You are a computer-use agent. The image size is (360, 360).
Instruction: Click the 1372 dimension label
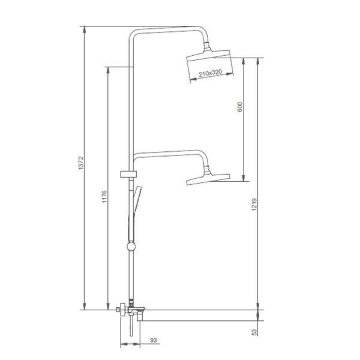[82, 163]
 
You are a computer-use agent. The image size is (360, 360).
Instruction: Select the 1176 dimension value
[104, 197]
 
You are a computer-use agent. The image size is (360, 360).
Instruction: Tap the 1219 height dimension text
[254, 205]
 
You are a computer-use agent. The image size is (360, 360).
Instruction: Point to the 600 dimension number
[239, 107]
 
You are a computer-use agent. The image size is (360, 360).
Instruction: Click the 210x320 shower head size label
[211, 73]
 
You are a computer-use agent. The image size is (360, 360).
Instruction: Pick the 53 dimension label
[254, 332]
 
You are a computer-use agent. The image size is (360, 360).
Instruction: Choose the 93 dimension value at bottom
[154, 340]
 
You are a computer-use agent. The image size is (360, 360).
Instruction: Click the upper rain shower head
[208, 55]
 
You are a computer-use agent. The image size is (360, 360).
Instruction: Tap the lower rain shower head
[208, 179]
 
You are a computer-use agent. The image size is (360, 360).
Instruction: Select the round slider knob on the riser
[131, 247]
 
